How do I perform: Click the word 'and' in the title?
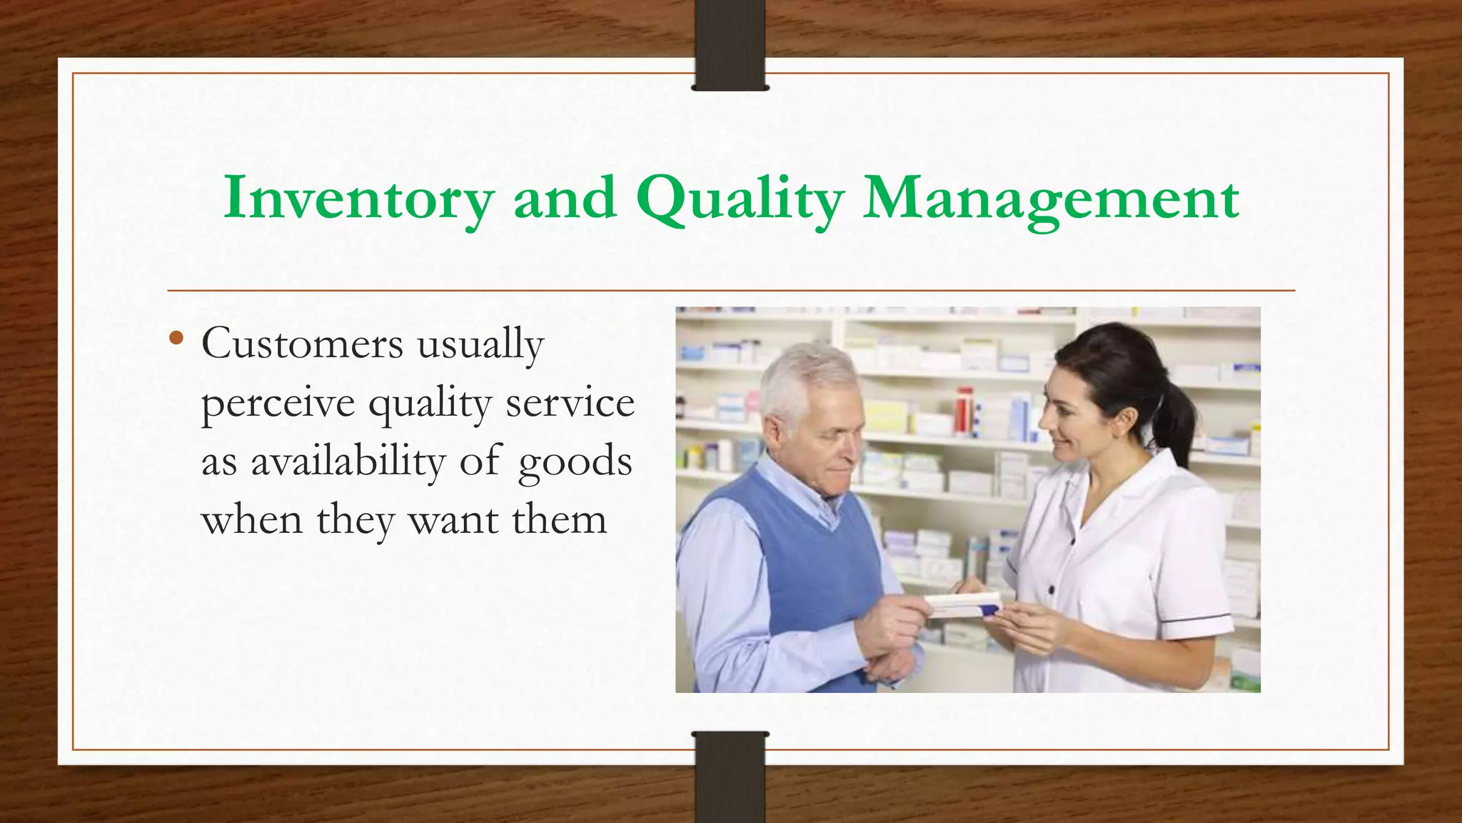coord(564,199)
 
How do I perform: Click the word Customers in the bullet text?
coord(302,344)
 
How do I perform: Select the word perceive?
coord(278,404)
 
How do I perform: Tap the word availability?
coord(348,462)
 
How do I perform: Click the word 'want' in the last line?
coord(453,520)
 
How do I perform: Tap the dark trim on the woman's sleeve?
coord(1196,618)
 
